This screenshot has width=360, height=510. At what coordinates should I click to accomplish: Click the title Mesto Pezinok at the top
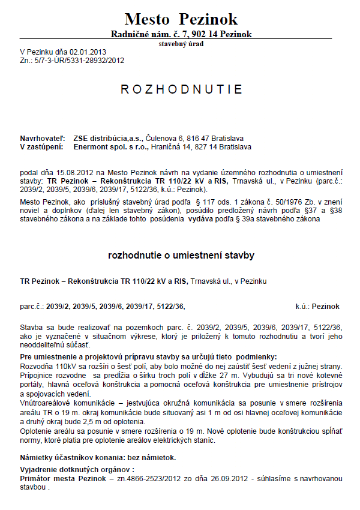tap(181, 19)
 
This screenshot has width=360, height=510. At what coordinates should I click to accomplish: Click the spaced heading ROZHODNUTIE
tap(181, 89)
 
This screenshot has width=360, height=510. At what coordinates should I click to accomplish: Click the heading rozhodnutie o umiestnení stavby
tap(181, 256)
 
